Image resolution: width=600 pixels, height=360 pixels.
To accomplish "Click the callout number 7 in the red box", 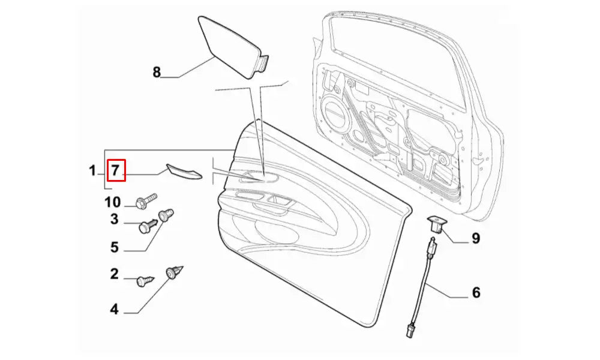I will [116, 171].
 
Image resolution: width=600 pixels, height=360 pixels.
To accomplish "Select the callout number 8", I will [157, 73].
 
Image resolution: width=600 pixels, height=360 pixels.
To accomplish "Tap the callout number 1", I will [92, 171].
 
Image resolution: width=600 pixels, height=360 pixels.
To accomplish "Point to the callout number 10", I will [113, 202].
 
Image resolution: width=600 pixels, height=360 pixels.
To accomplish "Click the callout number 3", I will [114, 220].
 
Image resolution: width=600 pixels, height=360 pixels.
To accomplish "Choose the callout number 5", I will [114, 247].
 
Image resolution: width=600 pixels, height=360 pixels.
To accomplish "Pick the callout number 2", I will [114, 275].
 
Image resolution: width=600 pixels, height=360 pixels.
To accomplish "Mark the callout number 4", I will [114, 310].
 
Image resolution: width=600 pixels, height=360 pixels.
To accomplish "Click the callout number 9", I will [475, 238].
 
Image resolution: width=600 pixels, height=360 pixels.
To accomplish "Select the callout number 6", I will [476, 293].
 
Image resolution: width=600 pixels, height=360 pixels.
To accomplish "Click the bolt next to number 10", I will [146, 201].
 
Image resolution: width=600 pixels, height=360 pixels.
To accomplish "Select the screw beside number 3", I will [148, 226].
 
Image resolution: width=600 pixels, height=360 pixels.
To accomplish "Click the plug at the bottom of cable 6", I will [410, 329].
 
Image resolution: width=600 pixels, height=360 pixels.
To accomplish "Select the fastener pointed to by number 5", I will [165, 215].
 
